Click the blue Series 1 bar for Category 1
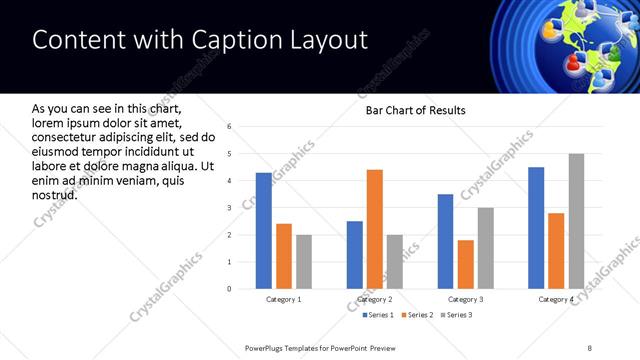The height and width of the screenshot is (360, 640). pos(263,230)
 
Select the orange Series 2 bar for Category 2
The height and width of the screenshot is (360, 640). pos(375,229)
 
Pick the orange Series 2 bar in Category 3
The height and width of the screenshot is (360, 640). pos(465,264)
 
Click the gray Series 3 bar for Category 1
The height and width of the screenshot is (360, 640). pos(303,261)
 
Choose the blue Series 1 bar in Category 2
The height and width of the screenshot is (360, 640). pos(355,255)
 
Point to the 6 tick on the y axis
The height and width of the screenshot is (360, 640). pos(230,127)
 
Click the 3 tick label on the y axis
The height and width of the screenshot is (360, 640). pos(230,208)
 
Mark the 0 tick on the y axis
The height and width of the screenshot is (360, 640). pos(230,289)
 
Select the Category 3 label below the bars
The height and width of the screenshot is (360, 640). pos(465,299)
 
